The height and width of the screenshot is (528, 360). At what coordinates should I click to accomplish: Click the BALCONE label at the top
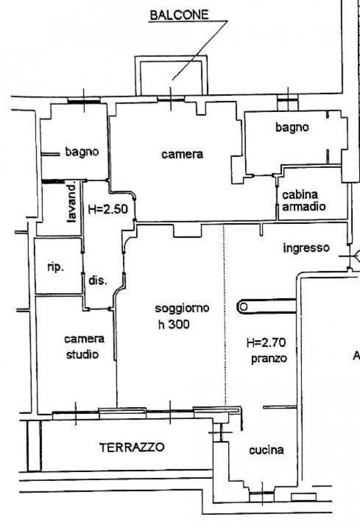click(x=179, y=15)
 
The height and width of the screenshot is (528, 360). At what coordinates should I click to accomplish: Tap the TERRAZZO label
click(x=132, y=447)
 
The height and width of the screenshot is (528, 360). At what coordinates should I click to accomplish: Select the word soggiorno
click(x=182, y=309)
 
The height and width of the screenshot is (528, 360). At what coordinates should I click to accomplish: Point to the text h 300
click(x=174, y=324)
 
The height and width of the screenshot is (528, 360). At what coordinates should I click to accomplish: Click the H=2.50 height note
click(x=108, y=209)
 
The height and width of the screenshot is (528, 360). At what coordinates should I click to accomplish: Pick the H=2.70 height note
click(x=266, y=343)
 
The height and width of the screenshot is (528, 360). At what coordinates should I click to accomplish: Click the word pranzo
click(x=269, y=359)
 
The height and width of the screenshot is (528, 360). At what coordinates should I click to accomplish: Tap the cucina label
click(x=266, y=450)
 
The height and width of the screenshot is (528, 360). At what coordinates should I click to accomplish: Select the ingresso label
click(x=306, y=249)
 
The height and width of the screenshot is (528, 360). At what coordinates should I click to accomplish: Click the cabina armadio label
click(x=304, y=201)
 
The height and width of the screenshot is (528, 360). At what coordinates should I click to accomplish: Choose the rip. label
click(x=55, y=268)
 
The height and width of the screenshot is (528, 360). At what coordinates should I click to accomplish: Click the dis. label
click(x=98, y=280)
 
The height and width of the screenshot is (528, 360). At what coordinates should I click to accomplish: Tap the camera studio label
click(x=84, y=346)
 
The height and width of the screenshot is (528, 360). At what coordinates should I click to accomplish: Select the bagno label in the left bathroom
click(x=82, y=152)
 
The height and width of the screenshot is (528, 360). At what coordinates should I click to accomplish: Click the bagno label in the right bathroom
click(x=292, y=127)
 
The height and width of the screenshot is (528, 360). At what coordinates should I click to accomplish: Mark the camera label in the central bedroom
click(x=182, y=155)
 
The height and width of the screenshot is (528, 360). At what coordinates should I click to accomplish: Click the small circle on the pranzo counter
click(x=244, y=307)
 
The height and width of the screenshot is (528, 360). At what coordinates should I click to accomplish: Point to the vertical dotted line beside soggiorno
click(x=224, y=315)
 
